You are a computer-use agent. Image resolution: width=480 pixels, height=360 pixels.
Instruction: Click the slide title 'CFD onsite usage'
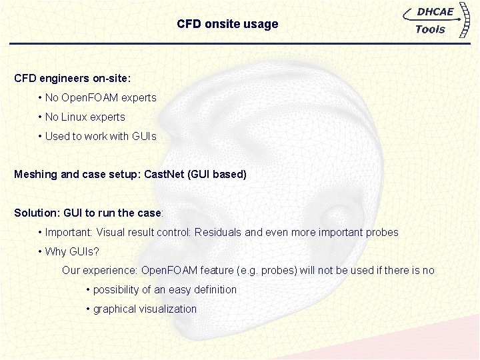click(227, 24)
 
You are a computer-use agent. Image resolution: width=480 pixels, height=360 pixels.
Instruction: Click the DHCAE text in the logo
click(435, 12)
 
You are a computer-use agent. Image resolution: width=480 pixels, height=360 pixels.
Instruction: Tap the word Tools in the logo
click(429, 29)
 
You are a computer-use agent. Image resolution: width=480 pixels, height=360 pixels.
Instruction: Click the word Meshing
click(36, 175)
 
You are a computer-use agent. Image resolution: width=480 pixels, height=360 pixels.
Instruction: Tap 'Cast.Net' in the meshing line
click(165, 175)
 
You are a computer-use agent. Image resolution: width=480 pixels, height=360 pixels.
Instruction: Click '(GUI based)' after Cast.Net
click(217, 175)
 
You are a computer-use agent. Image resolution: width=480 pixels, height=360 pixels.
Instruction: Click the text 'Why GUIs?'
click(71, 252)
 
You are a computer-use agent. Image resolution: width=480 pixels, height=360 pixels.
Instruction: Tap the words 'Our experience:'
click(99, 271)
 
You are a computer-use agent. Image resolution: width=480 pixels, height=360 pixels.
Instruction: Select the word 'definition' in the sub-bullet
click(213, 290)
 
